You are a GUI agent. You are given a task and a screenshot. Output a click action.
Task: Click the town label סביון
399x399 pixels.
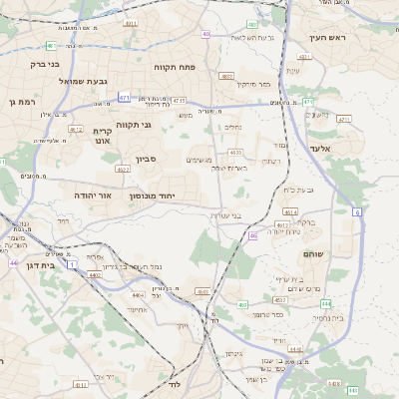tap(147, 159)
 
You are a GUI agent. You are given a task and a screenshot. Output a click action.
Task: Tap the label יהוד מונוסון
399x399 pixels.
tap(152, 197)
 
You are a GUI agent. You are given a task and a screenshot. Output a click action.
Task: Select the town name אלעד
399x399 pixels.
tap(318, 148)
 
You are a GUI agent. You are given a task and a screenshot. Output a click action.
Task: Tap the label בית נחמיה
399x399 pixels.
tap(324, 318)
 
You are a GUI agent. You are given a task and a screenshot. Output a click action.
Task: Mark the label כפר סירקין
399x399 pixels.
tap(253, 84)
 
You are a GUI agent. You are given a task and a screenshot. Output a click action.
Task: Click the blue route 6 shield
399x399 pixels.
tap(356, 212)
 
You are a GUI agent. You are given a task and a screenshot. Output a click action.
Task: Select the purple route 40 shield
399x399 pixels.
tap(206, 34)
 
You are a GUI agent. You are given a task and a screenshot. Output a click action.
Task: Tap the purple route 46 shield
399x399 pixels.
tap(253, 235)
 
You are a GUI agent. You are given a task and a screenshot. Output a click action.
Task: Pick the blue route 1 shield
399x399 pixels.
tap(72, 264)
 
